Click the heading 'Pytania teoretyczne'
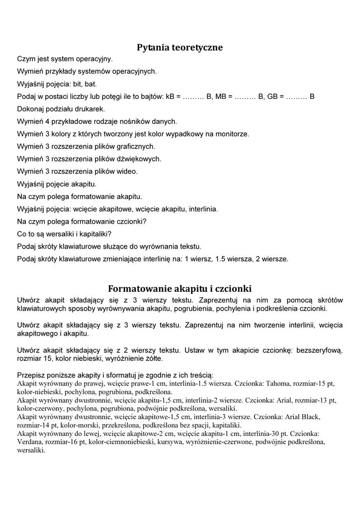click(180, 48)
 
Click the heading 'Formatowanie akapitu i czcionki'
click(180, 289)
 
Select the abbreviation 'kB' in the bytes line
click(170, 96)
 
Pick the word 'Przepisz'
click(31, 375)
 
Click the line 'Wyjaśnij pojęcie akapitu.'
click(57, 184)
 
